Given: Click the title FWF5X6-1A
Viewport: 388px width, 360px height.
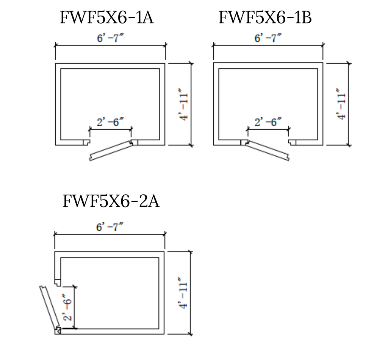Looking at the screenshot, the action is tap(106, 17).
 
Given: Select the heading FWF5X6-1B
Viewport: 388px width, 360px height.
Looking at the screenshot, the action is tap(265, 17).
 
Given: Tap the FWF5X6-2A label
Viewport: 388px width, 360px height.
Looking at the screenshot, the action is tap(111, 201).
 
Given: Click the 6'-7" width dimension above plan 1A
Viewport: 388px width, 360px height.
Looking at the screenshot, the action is tap(110, 38).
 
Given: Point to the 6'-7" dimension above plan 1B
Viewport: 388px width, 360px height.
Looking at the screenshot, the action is tap(268, 38).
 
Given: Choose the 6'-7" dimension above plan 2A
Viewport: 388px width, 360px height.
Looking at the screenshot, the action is tap(110, 226).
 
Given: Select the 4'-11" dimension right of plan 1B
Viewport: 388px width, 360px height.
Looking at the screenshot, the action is tap(342, 104).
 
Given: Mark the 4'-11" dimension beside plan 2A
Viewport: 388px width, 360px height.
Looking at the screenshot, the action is tap(183, 293).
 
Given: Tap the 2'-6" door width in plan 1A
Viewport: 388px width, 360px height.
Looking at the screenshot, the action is tap(110, 122).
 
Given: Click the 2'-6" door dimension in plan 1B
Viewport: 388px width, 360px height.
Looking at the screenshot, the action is tap(268, 122).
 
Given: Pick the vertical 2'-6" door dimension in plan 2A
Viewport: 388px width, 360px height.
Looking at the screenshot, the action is tap(67, 308).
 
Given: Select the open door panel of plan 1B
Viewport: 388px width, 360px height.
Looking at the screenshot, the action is tap(268, 151).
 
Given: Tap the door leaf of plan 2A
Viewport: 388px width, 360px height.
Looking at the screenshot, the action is tap(50, 307).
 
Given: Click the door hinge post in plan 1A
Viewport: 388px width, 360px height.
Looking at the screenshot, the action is tap(135, 143).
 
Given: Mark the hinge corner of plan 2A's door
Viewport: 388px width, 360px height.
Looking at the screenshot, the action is tap(58, 331).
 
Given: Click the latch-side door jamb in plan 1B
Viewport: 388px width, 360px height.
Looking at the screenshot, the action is tap(292, 143).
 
